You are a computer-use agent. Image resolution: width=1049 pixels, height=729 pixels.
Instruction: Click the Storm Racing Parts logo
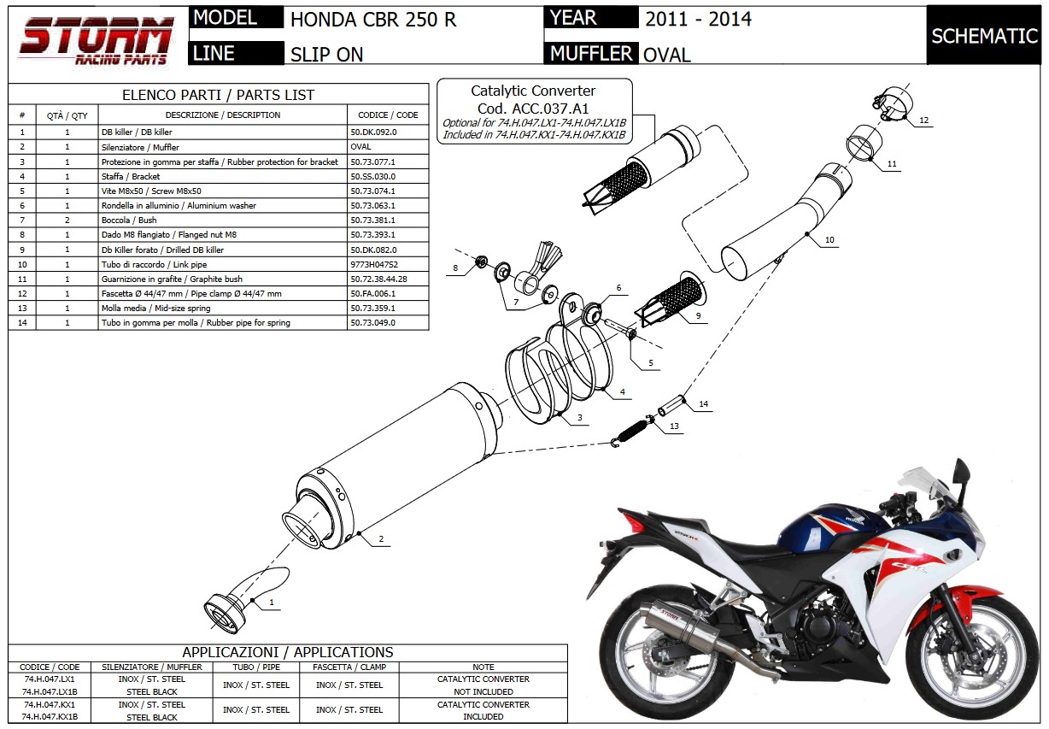96,43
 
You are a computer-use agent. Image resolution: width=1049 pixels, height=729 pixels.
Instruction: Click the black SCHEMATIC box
984,36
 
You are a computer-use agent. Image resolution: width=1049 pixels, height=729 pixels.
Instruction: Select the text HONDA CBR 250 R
373,20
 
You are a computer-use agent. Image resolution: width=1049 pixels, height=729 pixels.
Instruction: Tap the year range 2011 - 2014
698,19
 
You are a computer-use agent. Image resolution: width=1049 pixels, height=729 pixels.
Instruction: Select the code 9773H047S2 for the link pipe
374,264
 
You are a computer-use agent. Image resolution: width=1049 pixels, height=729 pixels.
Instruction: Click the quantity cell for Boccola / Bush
67,220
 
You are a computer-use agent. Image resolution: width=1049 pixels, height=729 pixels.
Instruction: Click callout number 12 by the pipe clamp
923,121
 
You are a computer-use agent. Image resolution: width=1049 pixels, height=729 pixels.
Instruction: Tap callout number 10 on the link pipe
829,241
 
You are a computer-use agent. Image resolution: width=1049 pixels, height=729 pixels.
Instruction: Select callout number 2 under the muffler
381,539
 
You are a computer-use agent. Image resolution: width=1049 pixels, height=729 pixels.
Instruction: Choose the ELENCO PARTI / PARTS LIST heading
218,95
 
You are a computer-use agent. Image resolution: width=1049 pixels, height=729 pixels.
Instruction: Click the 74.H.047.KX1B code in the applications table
50,717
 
